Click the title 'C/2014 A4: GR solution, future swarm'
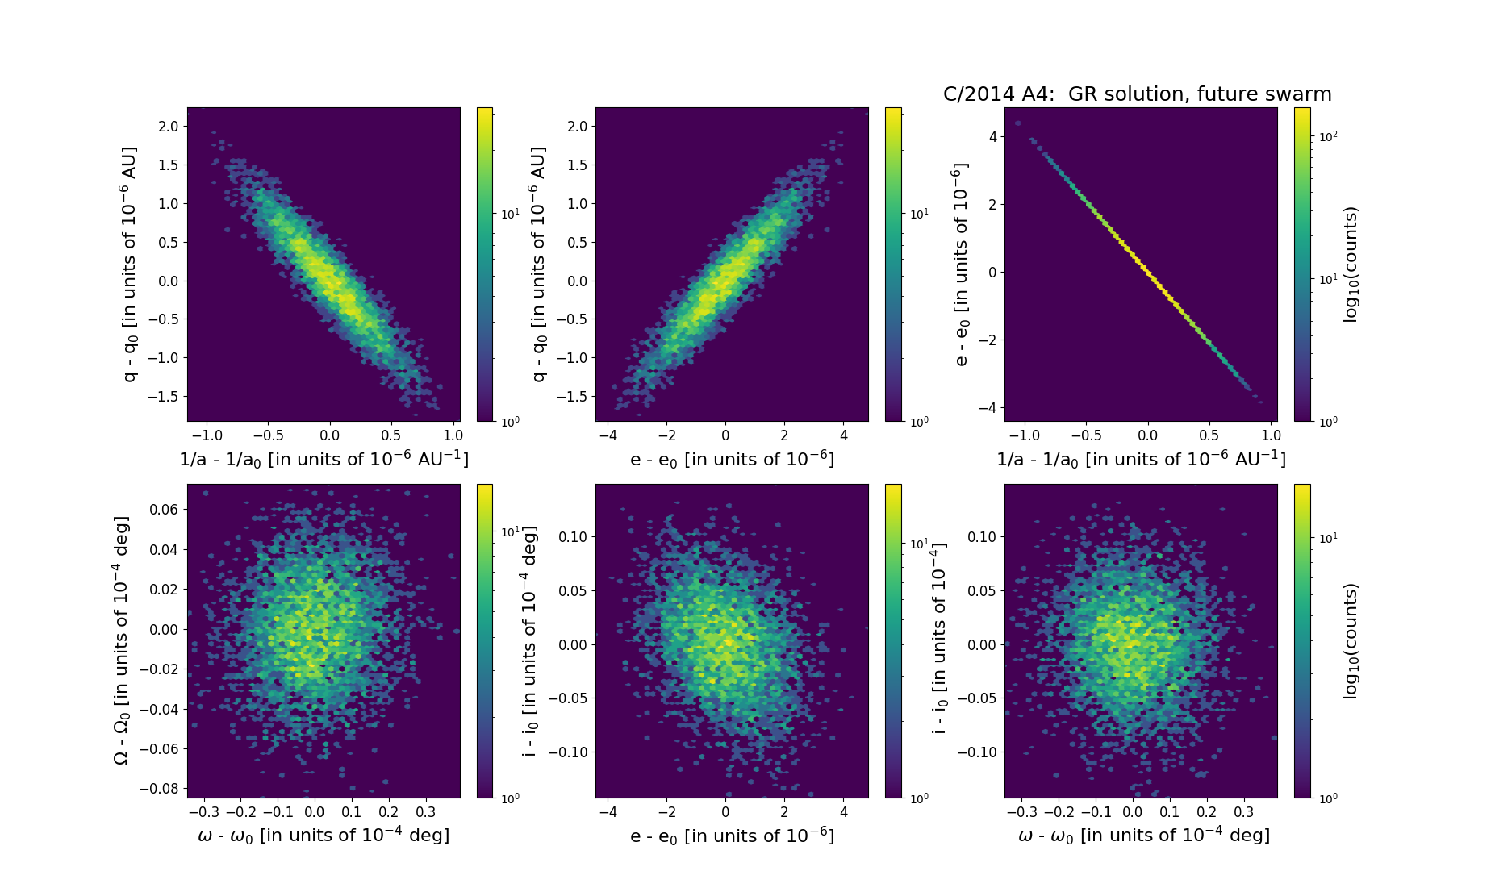1137,94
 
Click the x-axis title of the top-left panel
324,460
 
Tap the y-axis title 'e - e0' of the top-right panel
961,265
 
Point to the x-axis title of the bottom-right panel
1144,836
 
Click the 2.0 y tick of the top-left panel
169,127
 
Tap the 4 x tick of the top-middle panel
844,435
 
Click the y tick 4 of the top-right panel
992,137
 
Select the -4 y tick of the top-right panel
988,408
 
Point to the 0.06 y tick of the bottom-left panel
164,510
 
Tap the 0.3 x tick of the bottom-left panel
425,812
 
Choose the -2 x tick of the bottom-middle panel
667,812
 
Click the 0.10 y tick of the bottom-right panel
980,537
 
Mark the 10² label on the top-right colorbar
1328,136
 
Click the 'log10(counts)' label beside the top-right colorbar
1351,265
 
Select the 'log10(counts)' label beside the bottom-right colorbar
1351,640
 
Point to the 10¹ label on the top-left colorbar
510,214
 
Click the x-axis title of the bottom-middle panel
732,836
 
